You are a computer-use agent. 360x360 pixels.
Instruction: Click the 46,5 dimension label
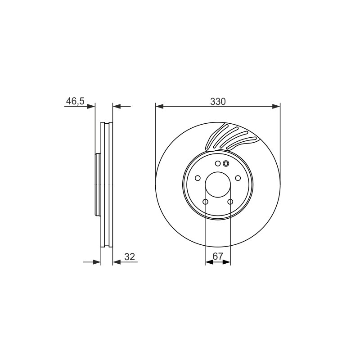pos(75,101)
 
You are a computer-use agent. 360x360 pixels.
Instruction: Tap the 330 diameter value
pos(218,102)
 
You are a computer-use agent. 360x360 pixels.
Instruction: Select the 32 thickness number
pos(130,256)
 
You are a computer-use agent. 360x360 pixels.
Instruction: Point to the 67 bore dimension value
pos(218,256)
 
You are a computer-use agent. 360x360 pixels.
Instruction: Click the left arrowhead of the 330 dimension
pos(159,106)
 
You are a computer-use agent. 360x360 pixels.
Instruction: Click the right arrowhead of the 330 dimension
pos(276,106)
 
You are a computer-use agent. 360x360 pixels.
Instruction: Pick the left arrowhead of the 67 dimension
pos(209,262)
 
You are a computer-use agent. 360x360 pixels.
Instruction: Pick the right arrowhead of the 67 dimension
pos(226,262)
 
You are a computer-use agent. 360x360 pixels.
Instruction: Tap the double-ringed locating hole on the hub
pos(226,163)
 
